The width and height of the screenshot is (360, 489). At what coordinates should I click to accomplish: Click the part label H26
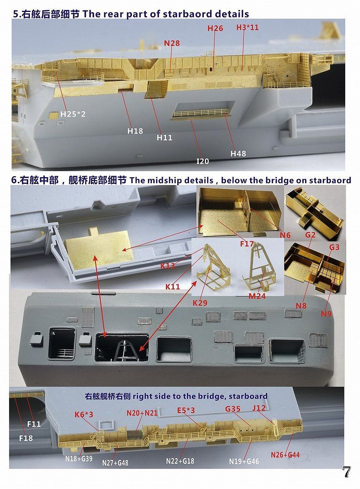click(x=215, y=29)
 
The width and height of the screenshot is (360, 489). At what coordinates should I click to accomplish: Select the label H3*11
click(x=247, y=27)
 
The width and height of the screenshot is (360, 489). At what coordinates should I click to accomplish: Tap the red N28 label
click(x=172, y=43)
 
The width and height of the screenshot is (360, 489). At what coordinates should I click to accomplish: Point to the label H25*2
click(x=73, y=115)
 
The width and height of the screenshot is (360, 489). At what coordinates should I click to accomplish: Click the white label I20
click(x=203, y=161)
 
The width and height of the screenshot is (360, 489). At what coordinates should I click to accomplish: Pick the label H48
click(x=238, y=153)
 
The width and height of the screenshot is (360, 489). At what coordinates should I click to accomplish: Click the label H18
click(x=135, y=131)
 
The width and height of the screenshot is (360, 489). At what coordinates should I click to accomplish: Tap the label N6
click(x=285, y=235)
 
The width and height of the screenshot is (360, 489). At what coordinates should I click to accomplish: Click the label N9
click(x=326, y=314)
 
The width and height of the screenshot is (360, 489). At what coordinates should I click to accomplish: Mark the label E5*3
click(x=186, y=410)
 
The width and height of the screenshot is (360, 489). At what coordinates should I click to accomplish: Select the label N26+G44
click(x=285, y=455)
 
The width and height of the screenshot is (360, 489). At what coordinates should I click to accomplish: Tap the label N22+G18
click(x=180, y=461)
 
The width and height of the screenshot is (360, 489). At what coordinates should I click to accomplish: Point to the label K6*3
click(x=84, y=415)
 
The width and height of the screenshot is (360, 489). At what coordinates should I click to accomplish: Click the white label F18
click(x=26, y=438)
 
